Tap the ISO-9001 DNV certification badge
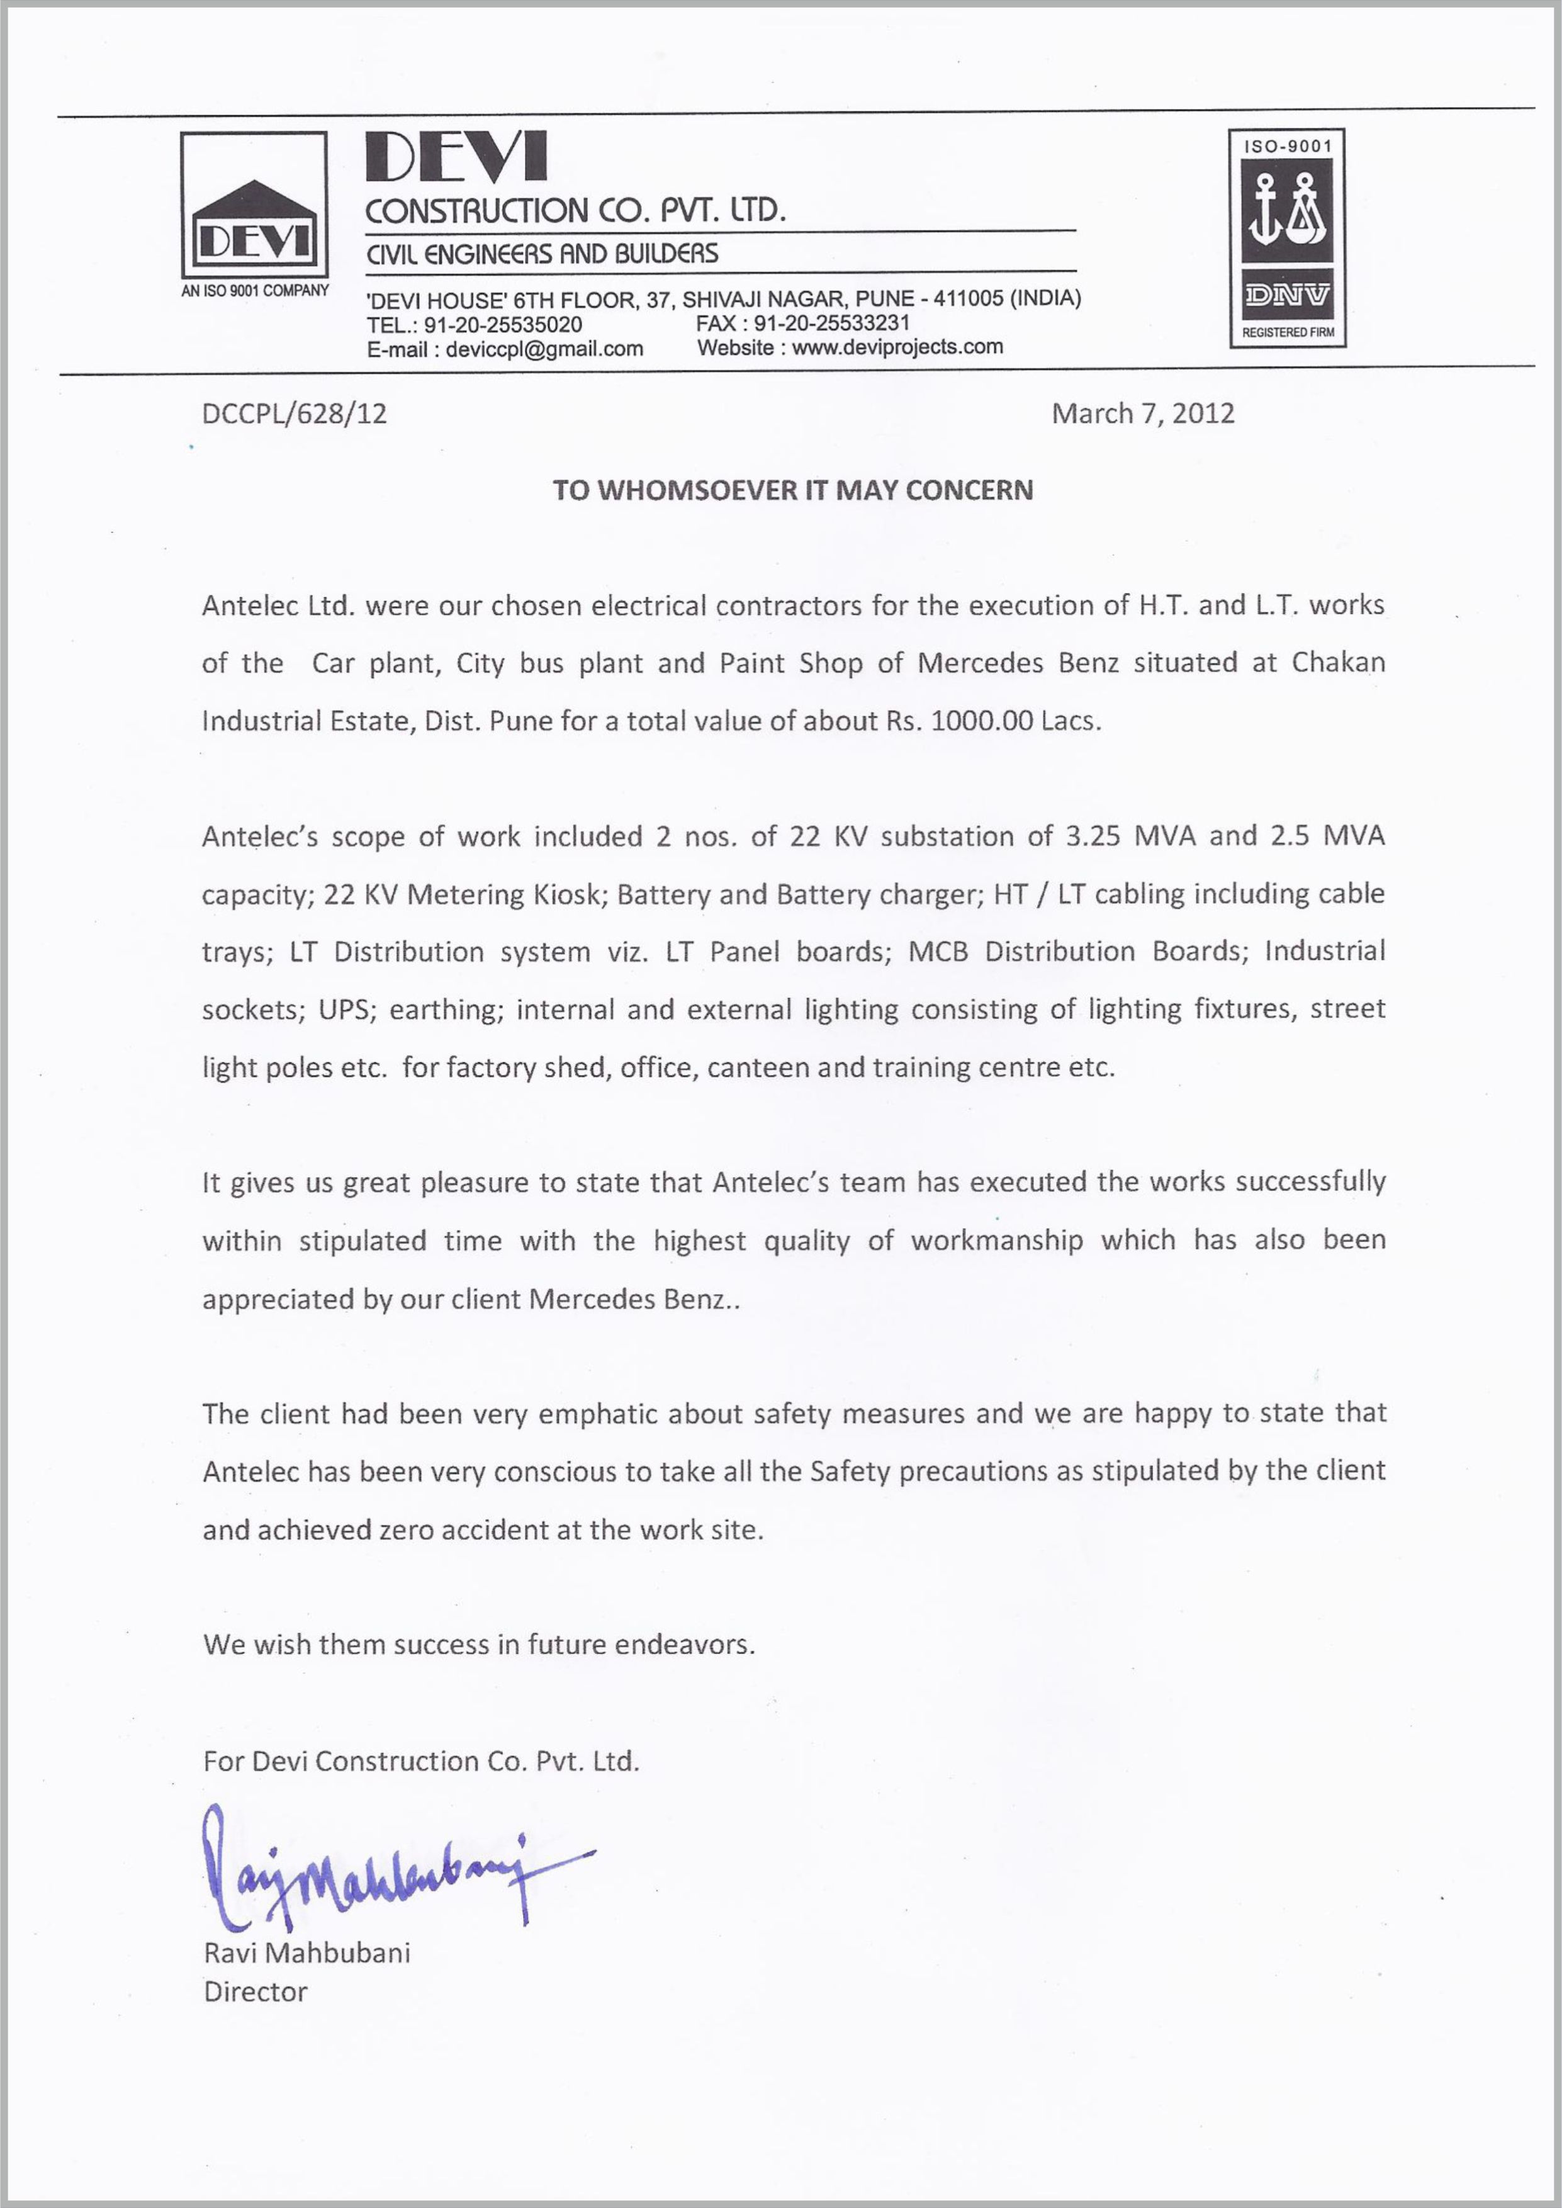tap(1287, 237)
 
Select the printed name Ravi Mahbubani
tap(307, 1953)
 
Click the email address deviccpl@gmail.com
tap(544, 349)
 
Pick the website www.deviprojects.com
tap(897, 347)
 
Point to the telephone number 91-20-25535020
tap(503, 325)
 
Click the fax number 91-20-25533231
tap(831, 323)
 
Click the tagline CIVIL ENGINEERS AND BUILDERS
tap(542, 254)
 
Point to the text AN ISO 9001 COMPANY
tap(255, 290)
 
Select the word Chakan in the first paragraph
tap(1338, 663)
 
